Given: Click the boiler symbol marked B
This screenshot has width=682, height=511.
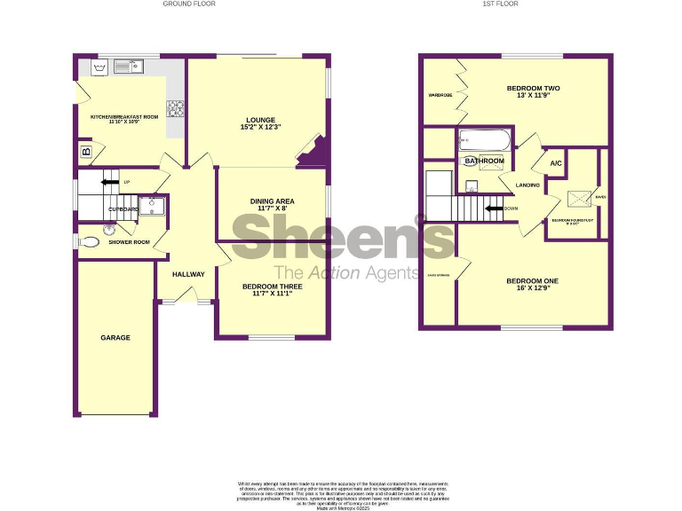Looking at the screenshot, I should pyautogui.click(x=87, y=151).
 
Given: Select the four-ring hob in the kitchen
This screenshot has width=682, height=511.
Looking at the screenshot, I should pyautogui.click(x=176, y=109).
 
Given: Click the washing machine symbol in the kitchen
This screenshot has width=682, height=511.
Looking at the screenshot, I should pyautogui.click(x=96, y=67).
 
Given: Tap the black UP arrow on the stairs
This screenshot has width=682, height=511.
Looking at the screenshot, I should pyautogui.click(x=110, y=182).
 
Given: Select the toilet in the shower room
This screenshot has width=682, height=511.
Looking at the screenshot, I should pyautogui.click(x=91, y=241).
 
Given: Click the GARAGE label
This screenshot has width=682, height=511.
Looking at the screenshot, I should pyautogui.click(x=115, y=338).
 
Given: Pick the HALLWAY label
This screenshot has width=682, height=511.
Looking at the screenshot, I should pyautogui.click(x=188, y=274).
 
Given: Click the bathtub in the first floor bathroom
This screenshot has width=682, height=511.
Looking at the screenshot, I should pyautogui.click(x=484, y=141).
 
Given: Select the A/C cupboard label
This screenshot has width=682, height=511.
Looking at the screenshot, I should pyautogui.click(x=556, y=164).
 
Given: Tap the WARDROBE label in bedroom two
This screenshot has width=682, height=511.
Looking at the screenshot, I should pyautogui.click(x=440, y=95).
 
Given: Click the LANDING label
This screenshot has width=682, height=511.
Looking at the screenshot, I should pyautogui.click(x=527, y=185).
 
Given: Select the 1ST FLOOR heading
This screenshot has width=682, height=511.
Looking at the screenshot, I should pyautogui.click(x=500, y=4).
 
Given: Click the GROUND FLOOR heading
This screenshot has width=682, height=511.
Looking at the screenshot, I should pyautogui.click(x=188, y=4).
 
